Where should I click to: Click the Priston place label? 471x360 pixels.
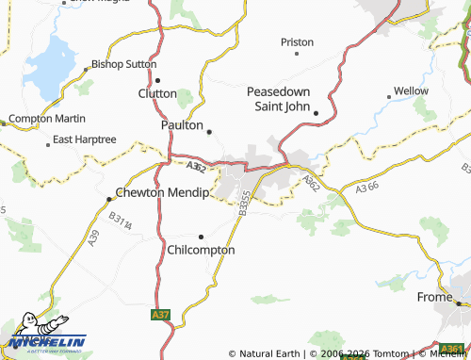pyautogui.click(x=297, y=41)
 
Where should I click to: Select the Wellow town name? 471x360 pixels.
pyautogui.click(x=411, y=90)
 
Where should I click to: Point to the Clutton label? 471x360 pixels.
pyautogui.click(x=157, y=93)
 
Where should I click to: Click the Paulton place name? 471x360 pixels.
pyautogui.click(x=183, y=124)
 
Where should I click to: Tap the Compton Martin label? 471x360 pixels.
pyautogui.click(x=47, y=120)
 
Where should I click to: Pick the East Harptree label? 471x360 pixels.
pyautogui.click(x=84, y=139)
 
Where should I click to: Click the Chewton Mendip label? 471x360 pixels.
pyautogui.click(x=161, y=192)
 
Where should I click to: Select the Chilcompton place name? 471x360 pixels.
pyautogui.click(x=200, y=251)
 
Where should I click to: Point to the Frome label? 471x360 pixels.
pyautogui.click(x=435, y=297)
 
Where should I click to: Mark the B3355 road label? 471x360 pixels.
pyautogui.click(x=244, y=203)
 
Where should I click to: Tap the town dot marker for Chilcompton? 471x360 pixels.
pyautogui.click(x=201, y=237)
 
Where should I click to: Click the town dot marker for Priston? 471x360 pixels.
pyautogui.click(x=297, y=54)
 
